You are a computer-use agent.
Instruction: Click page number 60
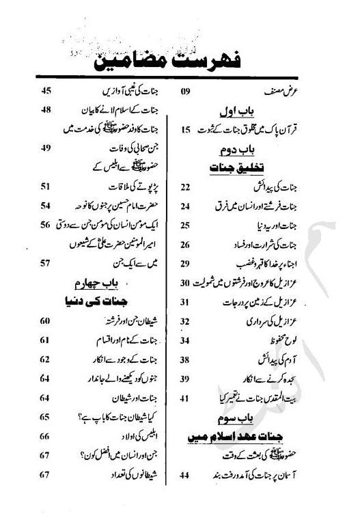[x=46, y=320]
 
